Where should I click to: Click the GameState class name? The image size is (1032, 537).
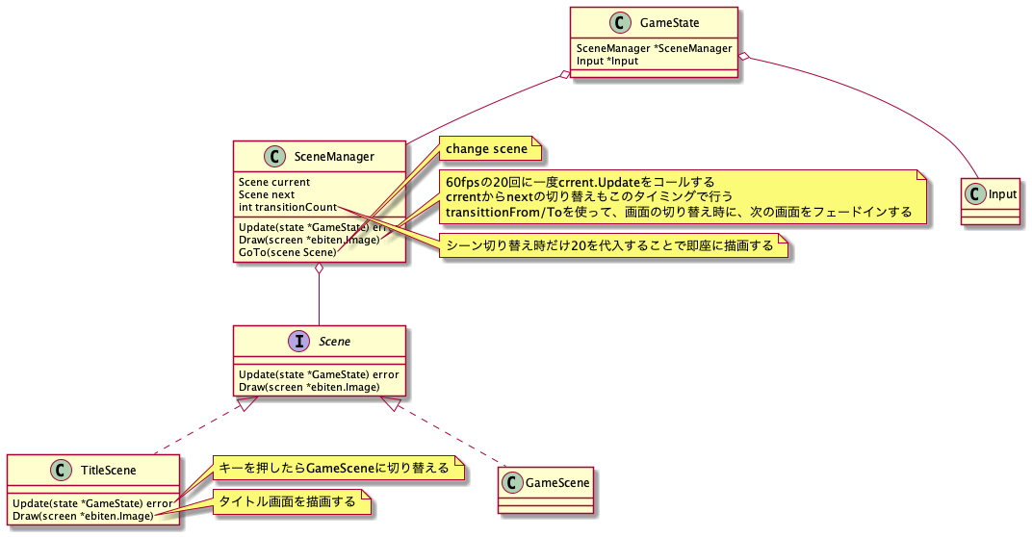point(670,22)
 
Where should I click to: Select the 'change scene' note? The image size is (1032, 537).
point(487,149)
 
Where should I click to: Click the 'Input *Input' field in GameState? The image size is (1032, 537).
point(607,61)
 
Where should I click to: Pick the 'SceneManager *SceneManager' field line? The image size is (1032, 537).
point(655,48)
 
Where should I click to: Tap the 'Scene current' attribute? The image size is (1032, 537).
point(274,182)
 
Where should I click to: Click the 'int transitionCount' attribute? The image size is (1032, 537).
point(288,207)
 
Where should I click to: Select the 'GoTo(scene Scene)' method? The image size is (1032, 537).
point(288,252)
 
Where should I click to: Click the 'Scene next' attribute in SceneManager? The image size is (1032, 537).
point(267,194)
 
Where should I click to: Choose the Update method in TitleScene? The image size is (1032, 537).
point(91,503)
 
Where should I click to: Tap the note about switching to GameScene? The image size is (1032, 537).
point(334,469)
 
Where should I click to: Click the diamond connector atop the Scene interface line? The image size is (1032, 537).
point(319,269)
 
